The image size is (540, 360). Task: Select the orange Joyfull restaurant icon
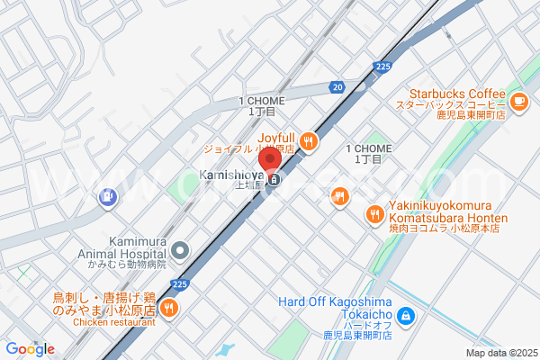tap(309, 141)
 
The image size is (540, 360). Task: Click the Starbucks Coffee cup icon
tap(518, 103)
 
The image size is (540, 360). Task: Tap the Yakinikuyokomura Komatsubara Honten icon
tap(375, 214)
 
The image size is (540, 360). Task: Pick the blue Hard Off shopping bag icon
tap(406, 315)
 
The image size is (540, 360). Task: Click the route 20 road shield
tap(337, 86)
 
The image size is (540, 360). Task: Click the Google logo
tap(30, 349)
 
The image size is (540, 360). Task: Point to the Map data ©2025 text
tap(499, 353)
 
